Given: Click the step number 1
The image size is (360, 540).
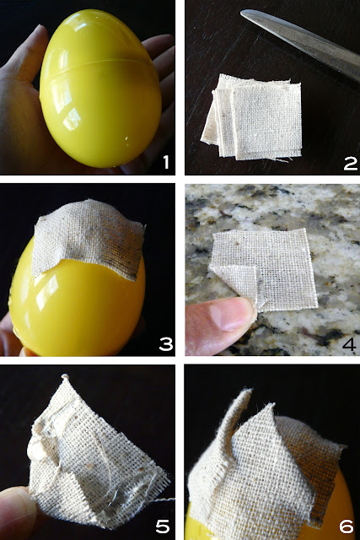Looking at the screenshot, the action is pyautogui.click(x=166, y=162).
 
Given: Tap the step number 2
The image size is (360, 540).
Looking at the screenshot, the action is pyautogui.click(x=351, y=163).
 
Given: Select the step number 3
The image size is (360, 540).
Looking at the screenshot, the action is pyautogui.click(x=166, y=343).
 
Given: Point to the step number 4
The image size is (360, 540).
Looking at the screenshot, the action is pyautogui.click(x=349, y=343).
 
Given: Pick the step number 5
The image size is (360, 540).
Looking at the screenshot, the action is pyautogui.click(x=163, y=526).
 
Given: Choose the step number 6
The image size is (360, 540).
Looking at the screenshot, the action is pyautogui.click(x=347, y=526).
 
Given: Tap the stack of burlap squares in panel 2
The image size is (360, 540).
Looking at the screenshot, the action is pyautogui.click(x=252, y=117).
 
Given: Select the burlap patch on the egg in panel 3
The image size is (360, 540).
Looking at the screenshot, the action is pyautogui.click(x=88, y=238).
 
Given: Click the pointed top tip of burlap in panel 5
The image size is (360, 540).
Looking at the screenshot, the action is pyautogui.click(x=64, y=376).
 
